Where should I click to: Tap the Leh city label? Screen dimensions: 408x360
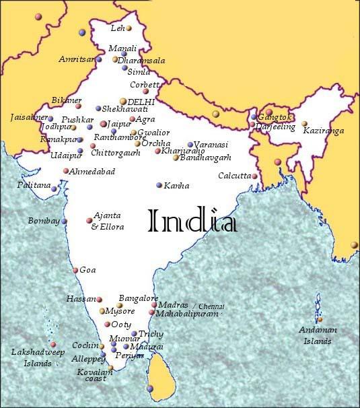click(118, 28)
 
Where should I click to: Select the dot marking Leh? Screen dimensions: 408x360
click(129, 29)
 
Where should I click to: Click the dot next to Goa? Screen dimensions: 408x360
click(75, 271)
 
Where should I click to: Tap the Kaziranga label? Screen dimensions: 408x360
click(324, 130)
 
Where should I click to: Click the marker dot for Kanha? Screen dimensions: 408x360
click(159, 185)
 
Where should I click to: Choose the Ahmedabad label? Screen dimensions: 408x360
click(92, 172)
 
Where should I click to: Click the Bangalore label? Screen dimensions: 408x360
click(139, 298)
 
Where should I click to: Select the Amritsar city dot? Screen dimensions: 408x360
click(98, 59)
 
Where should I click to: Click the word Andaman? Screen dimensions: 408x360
click(319, 330)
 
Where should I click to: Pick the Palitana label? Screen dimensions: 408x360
click(34, 184)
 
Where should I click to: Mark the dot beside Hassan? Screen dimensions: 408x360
click(99, 300)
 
